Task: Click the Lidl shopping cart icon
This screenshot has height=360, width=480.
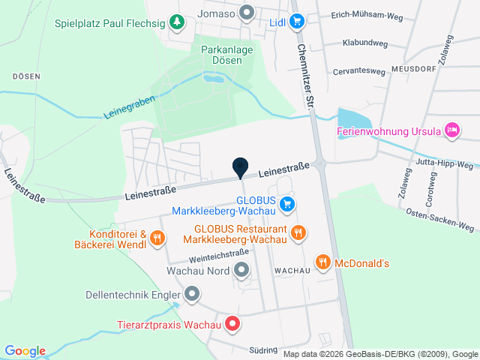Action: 297,21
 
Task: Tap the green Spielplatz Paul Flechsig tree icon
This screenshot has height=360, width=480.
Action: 176,22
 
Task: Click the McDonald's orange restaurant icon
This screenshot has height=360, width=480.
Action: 323,262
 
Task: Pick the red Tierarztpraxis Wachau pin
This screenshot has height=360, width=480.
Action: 233,325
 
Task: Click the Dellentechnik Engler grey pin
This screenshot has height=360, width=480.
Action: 193,293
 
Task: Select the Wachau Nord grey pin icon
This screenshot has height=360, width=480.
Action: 241,269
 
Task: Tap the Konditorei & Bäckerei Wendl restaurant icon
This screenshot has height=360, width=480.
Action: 157,238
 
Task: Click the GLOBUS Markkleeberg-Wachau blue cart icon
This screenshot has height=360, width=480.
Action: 286,203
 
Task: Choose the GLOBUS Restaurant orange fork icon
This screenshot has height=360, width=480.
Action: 298,232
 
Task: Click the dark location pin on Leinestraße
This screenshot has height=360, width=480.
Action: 240,169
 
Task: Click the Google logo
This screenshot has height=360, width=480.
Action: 25,351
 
